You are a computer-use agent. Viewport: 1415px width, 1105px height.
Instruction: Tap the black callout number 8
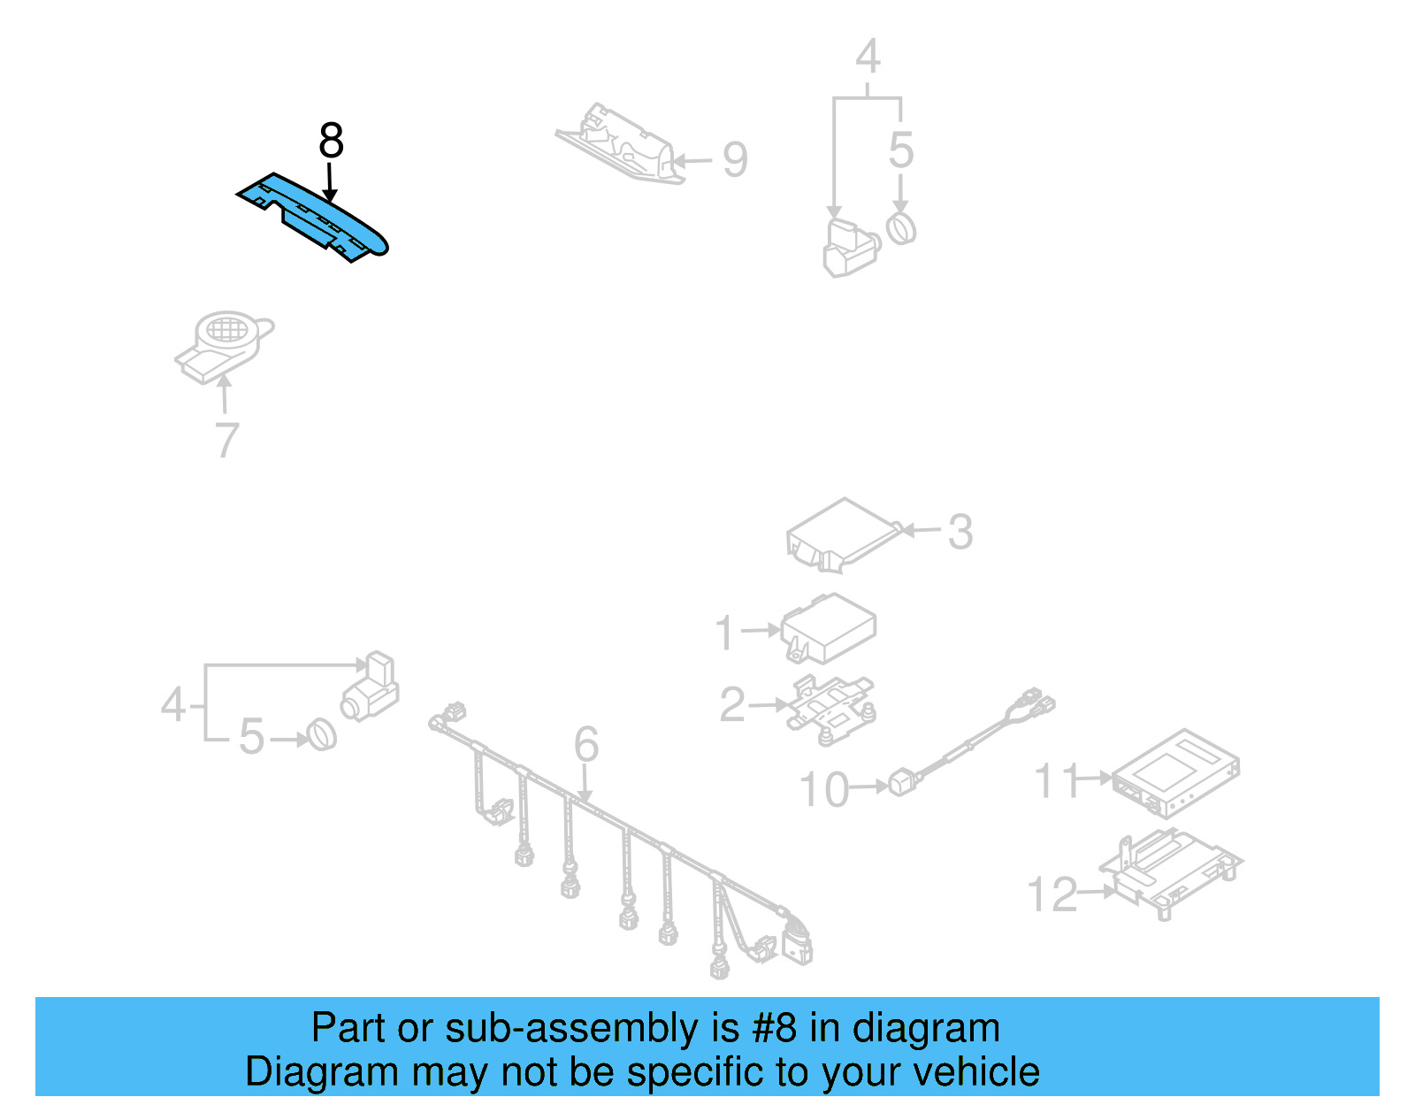[331, 141]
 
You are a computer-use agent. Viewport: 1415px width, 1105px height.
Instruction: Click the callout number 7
[227, 440]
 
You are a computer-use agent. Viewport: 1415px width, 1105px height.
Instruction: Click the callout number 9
[735, 160]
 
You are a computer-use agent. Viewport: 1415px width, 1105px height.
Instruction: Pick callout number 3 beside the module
[960, 533]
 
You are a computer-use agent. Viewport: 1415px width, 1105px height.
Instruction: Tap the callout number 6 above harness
[586, 744]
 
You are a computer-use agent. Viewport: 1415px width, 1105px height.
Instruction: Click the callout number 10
[823, 789]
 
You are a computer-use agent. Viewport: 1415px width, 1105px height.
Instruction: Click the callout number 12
[1052, 894]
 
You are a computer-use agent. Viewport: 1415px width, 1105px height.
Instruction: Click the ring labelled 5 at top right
[901, 228]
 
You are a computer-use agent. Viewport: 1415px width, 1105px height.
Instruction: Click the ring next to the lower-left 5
[322, 735]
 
